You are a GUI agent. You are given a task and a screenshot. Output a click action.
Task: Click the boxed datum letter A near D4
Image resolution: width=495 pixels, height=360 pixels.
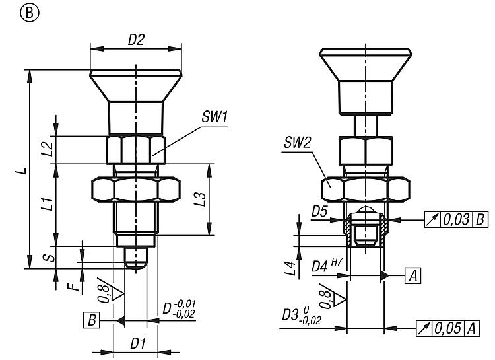click(x=413, y=275)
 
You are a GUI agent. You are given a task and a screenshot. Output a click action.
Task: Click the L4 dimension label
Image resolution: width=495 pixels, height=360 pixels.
click(x=289, y=268)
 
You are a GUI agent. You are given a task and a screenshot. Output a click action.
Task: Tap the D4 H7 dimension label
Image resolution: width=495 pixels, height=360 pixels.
click(x=324, y=267)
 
